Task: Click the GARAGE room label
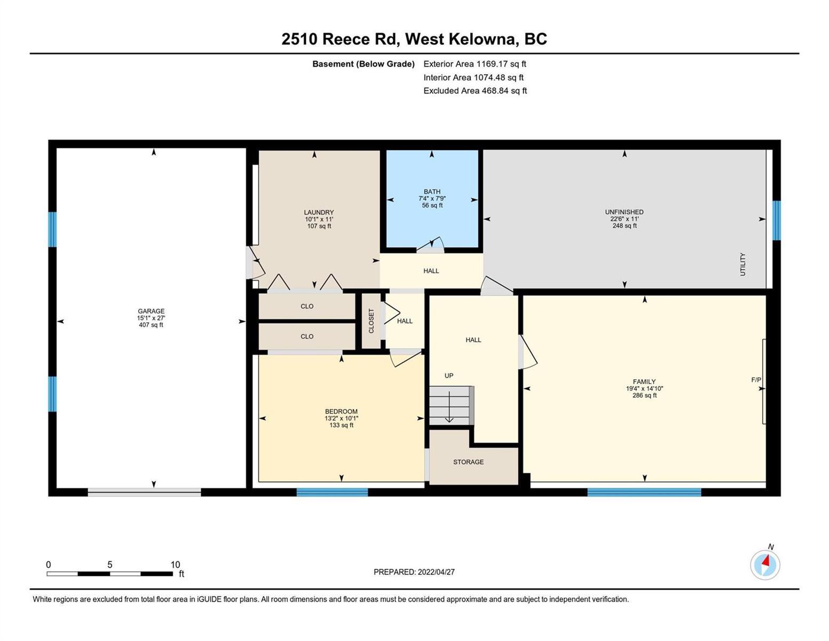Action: (151, 311)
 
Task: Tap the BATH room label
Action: (432, 191)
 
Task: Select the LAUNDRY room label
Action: (319, 212)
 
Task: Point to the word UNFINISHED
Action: (624, 212)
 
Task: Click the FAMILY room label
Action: (644, 381)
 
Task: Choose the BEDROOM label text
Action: (341, 411)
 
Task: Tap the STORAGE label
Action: (468, 462)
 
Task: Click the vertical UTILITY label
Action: (743, 264)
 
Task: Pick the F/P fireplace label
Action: (756, 379)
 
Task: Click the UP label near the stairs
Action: (448, 376)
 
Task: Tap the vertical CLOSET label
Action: (371, 320)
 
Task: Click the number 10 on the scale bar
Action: (175, 564)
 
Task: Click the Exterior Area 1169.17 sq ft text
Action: (475, 64)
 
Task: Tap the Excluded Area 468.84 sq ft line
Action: (475, 90)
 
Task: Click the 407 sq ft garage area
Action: (151, 325)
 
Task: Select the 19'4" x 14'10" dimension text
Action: (644, 388)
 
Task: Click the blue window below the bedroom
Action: (332, 492)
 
